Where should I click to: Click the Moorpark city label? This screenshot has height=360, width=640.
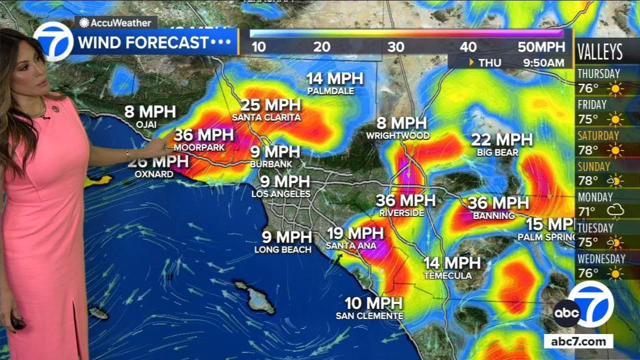click(x=199, y=148)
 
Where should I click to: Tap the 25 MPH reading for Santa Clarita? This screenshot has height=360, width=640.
click(x=271, y=105)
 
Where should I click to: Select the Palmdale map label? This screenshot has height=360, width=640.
click(x=330, y=91)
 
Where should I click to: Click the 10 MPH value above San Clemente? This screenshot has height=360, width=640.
click(x=373, y=303)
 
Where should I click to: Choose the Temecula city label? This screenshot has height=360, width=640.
click(x=447, y=275)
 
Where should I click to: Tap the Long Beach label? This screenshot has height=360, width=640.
click(x=283, y=249)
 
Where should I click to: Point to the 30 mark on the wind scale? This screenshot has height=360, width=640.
click(x=395, y=47)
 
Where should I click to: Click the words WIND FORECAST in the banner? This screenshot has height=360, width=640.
click(x=143, y=42)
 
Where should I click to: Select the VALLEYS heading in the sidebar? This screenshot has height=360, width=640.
click(x=600, y=52)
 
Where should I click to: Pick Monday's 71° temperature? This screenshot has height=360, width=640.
click(x=588, y=211)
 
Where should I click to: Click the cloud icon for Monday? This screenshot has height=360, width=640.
click(x=615, y=212)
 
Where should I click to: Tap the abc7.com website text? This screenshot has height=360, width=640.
click(x=578, y=342)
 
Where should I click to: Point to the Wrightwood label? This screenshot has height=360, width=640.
click(x=397, y=135)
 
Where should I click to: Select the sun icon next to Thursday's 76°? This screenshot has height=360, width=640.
click(x=615, y=89)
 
